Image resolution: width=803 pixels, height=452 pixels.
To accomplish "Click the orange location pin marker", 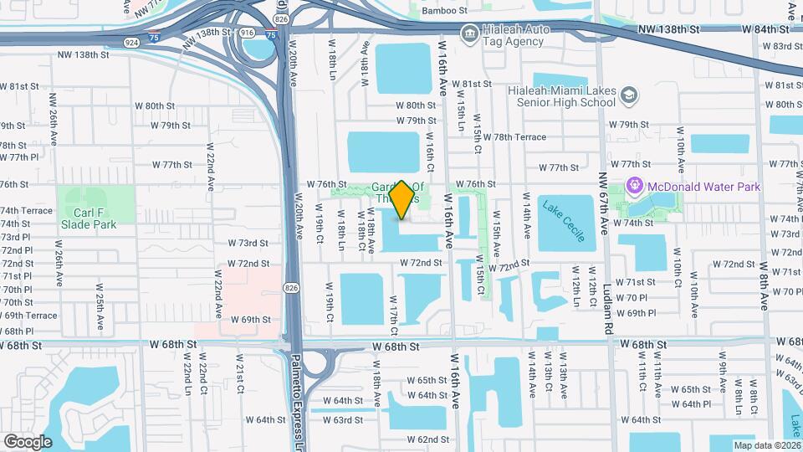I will click(402, 199).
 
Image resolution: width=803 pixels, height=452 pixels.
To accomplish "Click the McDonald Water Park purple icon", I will click(634, 187).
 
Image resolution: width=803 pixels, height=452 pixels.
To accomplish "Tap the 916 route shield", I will click(247, 32).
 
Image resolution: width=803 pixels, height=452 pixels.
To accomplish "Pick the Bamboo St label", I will click(442, 11).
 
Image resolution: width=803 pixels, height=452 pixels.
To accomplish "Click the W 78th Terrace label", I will click(519, 137).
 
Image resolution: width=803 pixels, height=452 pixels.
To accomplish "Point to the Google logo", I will click(28, 441).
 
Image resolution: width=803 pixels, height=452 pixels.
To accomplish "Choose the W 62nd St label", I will click(434, 439).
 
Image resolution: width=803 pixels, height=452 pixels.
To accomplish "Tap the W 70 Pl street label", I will click(632, 298).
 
